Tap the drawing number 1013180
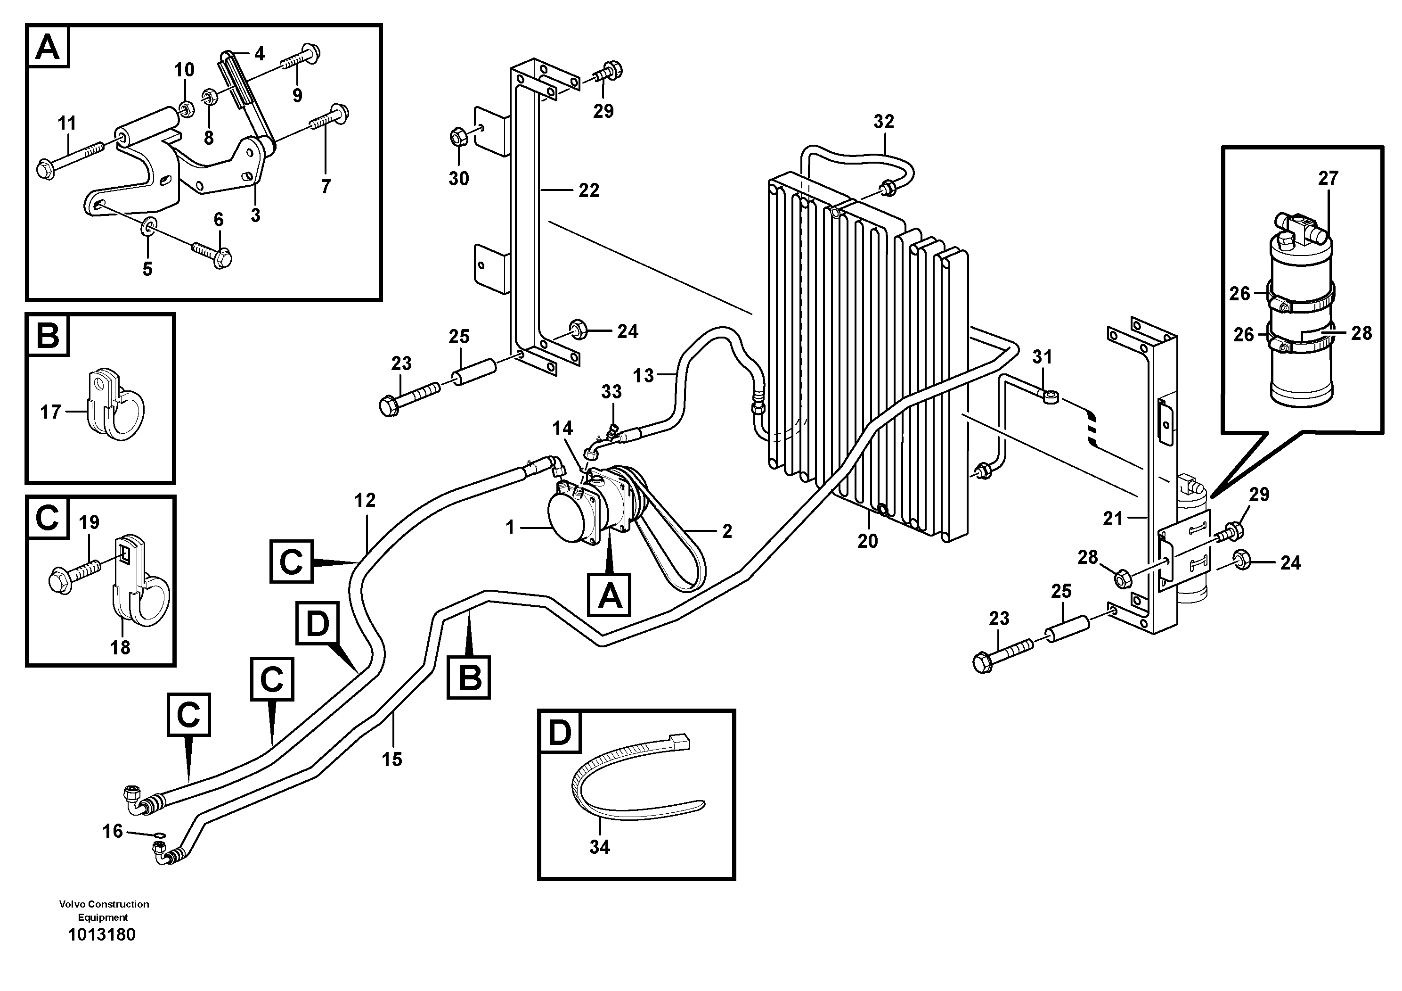[x=102, y=935]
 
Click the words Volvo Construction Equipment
[x=104, y=910]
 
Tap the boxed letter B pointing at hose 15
[x=468, y=677]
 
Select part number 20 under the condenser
[x=867, y=541]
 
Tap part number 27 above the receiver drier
[x=1328, y=178]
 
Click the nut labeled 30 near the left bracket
[x=458, y=138]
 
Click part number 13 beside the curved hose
[x=643, y=375]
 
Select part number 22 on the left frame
[x=589, y=190]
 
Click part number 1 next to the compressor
[x=511, y=527]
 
